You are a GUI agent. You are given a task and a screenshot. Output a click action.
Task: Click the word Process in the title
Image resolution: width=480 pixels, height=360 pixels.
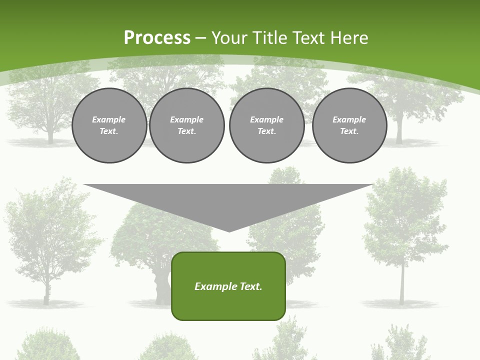157,38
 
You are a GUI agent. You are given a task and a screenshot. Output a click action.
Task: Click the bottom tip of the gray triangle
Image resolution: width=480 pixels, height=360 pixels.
229,230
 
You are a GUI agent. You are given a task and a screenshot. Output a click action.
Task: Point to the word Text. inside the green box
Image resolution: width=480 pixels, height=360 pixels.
251,286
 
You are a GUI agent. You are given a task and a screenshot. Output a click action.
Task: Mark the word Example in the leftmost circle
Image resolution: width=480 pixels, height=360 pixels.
109,119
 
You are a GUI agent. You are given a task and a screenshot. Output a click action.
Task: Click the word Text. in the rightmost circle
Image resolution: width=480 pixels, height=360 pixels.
349,131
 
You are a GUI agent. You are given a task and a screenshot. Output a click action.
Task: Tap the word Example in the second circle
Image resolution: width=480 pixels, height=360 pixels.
187,119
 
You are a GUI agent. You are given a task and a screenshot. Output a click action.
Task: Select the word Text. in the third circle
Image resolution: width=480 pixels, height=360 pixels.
266,131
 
